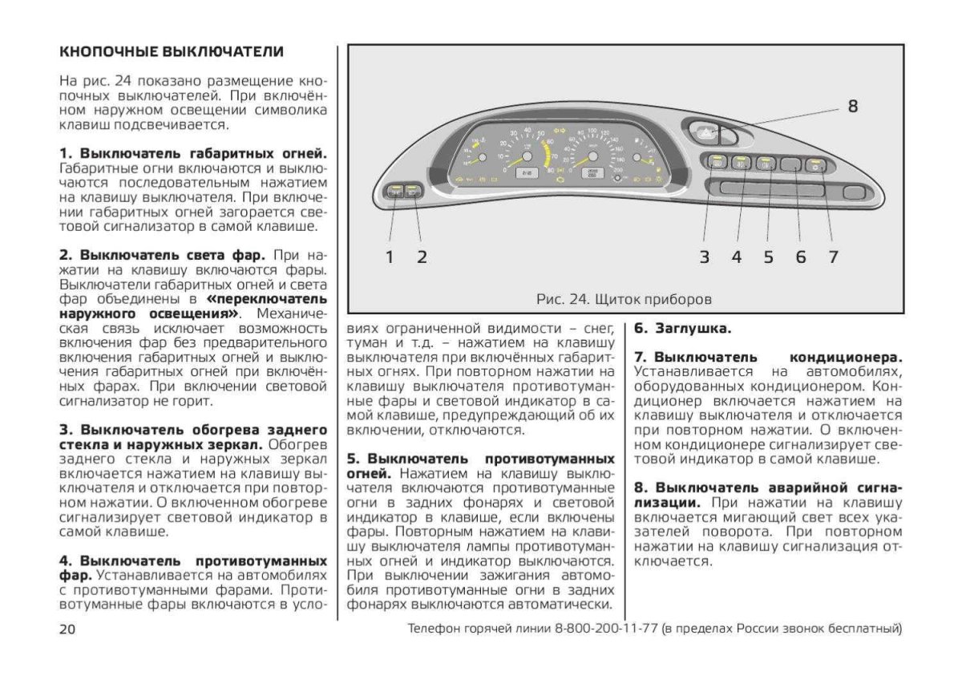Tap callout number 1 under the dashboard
pos(390,257)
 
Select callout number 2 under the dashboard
pos(422,257)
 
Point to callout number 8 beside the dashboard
pos(852,106)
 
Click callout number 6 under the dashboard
pos(800,257)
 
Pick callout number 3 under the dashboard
pos(704,257)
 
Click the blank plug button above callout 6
pos(791,164)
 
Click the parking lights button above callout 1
pos(394,191)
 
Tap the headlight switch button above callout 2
pos(413,191)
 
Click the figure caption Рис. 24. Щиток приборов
pos(624,299)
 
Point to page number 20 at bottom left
pos(67,628)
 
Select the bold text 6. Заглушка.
pos(682,329)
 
